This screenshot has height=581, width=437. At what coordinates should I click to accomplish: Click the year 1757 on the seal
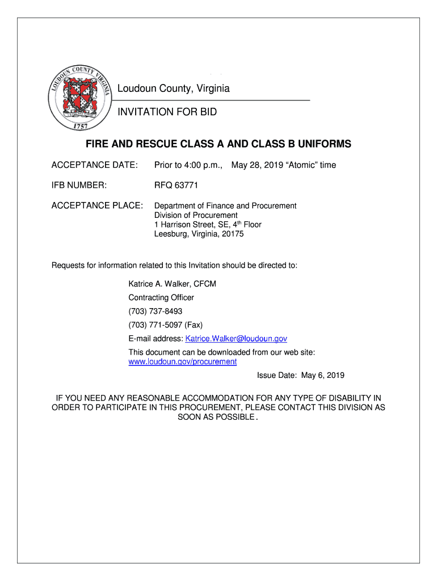coord(79,127)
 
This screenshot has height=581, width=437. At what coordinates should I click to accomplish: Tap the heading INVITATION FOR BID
coord(167,112)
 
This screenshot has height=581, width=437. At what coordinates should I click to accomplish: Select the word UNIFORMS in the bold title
coord(319,145)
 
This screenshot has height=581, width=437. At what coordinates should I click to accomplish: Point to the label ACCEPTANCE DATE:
coord(95,165)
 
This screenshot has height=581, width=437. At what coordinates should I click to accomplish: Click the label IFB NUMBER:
coord(79,185)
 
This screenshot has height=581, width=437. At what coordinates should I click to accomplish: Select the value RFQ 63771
coord(176,185)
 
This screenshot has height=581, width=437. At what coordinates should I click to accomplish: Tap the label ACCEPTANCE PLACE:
coord(97,205)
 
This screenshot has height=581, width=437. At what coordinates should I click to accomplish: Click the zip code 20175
coord(233,234)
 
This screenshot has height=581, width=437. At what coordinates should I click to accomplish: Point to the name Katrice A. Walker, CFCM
coord(172,284)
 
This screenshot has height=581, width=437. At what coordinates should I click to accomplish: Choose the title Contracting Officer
coord(161,297)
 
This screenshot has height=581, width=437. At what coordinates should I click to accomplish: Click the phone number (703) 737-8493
coord(156,311)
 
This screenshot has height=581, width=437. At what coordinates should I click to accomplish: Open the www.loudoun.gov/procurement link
coord(183,361)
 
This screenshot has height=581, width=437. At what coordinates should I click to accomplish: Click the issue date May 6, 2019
coord(323,376)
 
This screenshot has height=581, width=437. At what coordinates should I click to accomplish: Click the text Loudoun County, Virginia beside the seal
coord(174,89)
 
